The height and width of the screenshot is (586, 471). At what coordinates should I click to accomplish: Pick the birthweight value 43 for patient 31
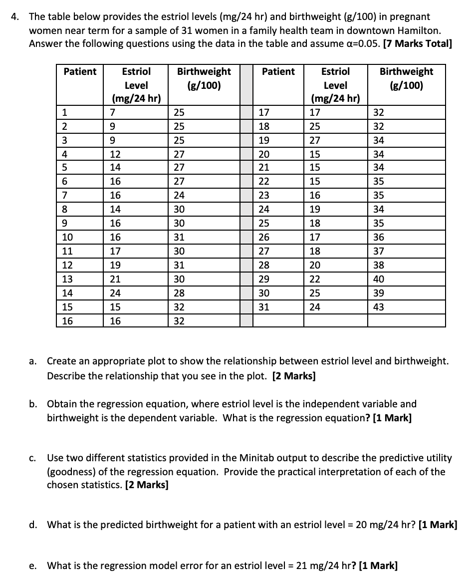(378, 307)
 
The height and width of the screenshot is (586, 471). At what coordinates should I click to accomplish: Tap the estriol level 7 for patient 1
(113, 112)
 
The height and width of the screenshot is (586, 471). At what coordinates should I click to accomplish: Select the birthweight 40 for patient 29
(378, 279)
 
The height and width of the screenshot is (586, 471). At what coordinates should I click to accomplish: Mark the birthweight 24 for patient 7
(179, 196)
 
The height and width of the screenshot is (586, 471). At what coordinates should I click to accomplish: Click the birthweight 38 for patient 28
(378, 265)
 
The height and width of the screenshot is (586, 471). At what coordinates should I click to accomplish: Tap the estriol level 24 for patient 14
(115, 293)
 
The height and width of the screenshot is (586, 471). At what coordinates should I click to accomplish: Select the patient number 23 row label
(263, 196)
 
